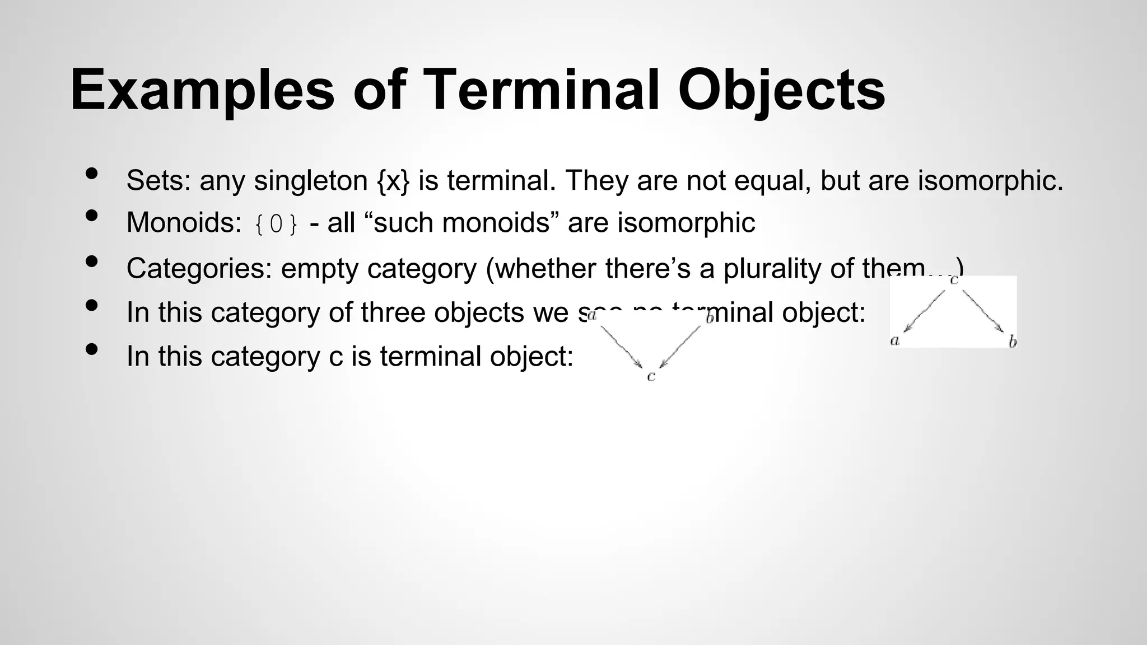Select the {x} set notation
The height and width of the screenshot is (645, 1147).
click(x=394, y=180)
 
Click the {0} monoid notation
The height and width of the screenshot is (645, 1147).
click(x=276, y=224)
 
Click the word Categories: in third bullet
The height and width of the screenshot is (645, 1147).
click(x=199, y=268)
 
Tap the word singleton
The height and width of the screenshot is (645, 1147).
click(x=311, y=181)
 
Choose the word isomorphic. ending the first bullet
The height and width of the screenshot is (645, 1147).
click(x=990, y=180)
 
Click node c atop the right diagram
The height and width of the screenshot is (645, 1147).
click(x=954, y=279)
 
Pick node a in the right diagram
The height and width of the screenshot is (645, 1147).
click(x=894, y=340)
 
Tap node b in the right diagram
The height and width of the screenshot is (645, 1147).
click(x=1012, y=341)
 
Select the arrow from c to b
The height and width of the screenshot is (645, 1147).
click(x=983, y=311)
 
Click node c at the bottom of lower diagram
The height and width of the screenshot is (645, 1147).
click(x=651, y=377)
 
